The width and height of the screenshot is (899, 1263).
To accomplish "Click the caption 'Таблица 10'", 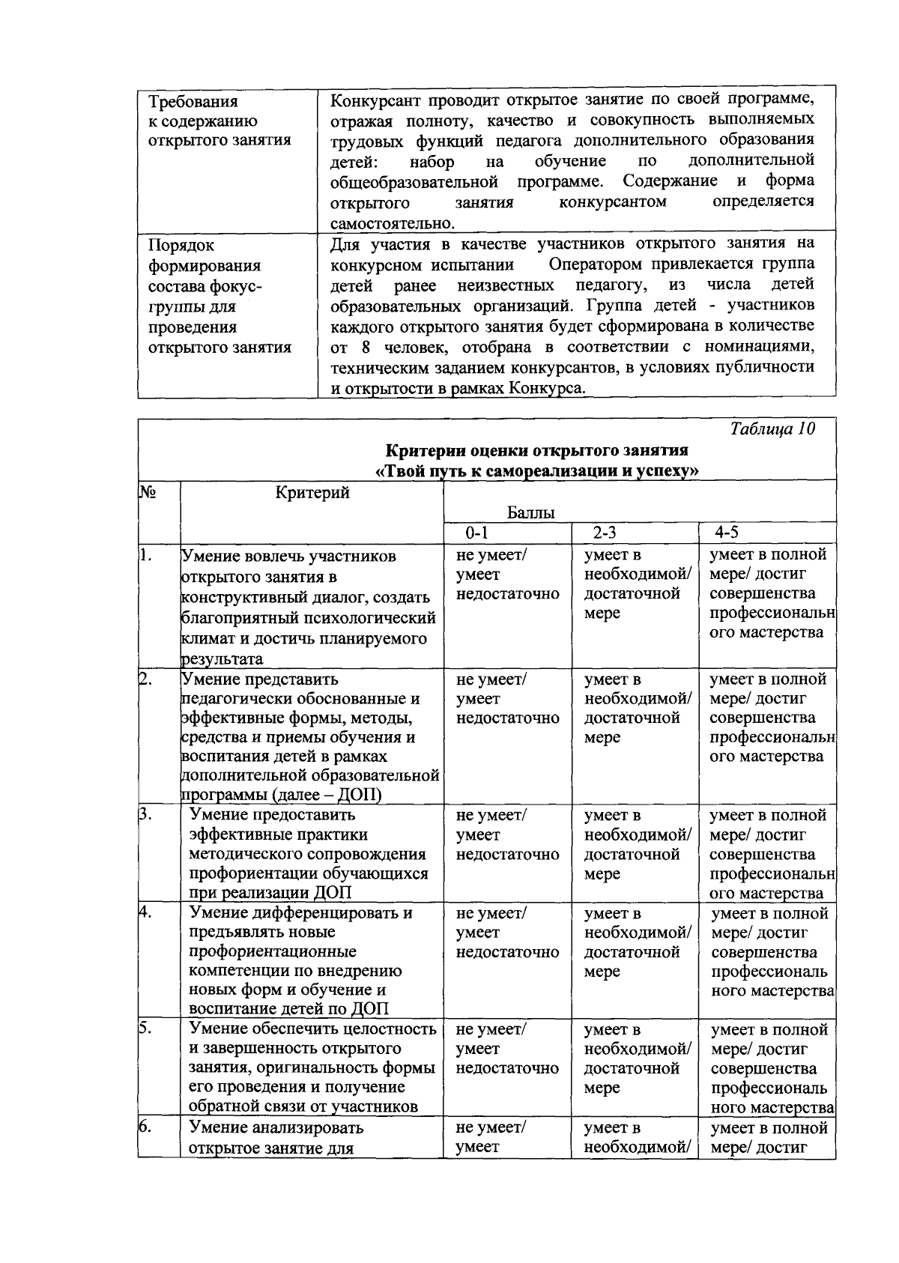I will tap(772, 429).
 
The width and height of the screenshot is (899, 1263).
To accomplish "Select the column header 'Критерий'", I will tap(312, 492).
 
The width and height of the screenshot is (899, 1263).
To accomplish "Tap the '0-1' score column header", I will tap(476, 533).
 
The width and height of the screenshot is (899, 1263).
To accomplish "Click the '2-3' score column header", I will tap(604, 533).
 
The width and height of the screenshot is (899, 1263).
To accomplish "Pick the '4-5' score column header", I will tap(726, 533).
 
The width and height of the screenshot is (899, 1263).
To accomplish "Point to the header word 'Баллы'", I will tap(531, 513).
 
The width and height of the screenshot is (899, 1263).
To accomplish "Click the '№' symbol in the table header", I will tap(148, 491).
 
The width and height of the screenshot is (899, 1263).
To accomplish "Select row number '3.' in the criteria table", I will tap(146, 814).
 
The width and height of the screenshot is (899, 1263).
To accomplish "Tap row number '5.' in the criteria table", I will tap(146, 1029).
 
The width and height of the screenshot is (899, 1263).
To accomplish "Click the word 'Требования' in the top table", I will tap(193, 102).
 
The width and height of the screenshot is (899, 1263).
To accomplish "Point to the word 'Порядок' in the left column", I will tap(181, 246).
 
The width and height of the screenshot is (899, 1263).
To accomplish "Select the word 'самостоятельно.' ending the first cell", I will tap(393, 223).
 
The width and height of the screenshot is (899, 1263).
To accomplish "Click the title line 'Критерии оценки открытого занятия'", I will tap(536, 451).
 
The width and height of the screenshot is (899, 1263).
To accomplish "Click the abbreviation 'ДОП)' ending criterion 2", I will tap(363, 795).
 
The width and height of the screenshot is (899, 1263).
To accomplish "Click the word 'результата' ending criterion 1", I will tap(222, 659).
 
